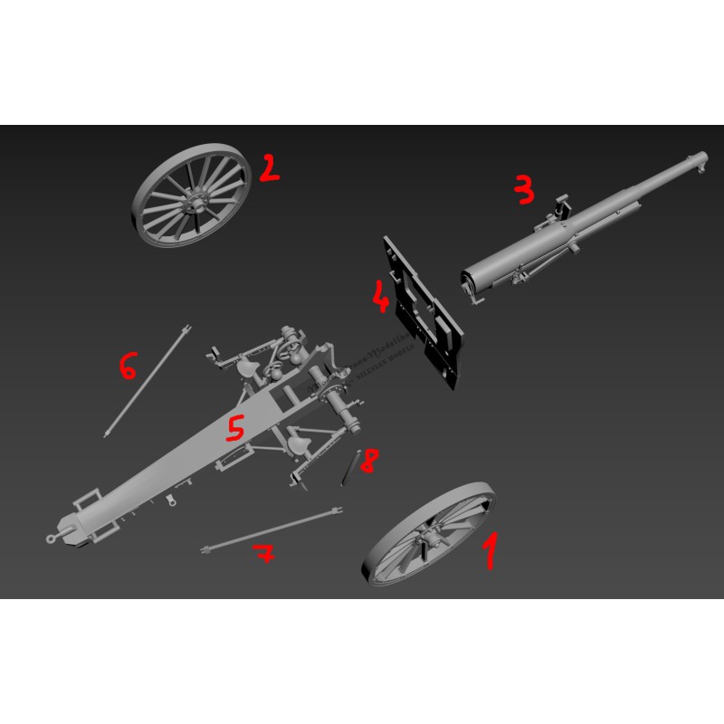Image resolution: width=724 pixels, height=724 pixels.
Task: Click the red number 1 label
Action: pos(490,551)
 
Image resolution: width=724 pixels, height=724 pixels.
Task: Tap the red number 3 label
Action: pos(523,188)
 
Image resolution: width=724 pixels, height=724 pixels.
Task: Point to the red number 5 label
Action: pos(235,428)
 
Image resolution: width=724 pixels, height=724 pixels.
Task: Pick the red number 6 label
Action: pos(128,367)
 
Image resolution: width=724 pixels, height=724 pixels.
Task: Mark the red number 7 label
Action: pos(263,555)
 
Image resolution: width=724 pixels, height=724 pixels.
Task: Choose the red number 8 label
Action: pos(368,462)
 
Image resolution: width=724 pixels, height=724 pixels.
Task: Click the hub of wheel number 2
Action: pos(192,201)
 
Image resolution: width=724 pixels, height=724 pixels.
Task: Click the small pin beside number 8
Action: pos(351,467)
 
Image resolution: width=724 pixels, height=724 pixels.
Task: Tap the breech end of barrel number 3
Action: pos(471,283)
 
